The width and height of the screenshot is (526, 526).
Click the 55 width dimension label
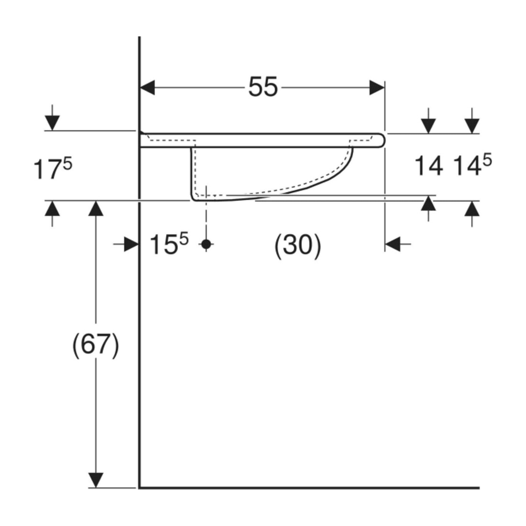(x=263, y=87)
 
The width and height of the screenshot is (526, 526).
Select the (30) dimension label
(x=297, y=245)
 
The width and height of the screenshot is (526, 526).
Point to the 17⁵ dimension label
(x=53, y=169)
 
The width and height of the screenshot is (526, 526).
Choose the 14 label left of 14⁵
(x=428, y=166)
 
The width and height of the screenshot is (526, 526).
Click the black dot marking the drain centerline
(x=206, y=244)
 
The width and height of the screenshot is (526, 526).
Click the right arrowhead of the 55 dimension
(x=377, y=88)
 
